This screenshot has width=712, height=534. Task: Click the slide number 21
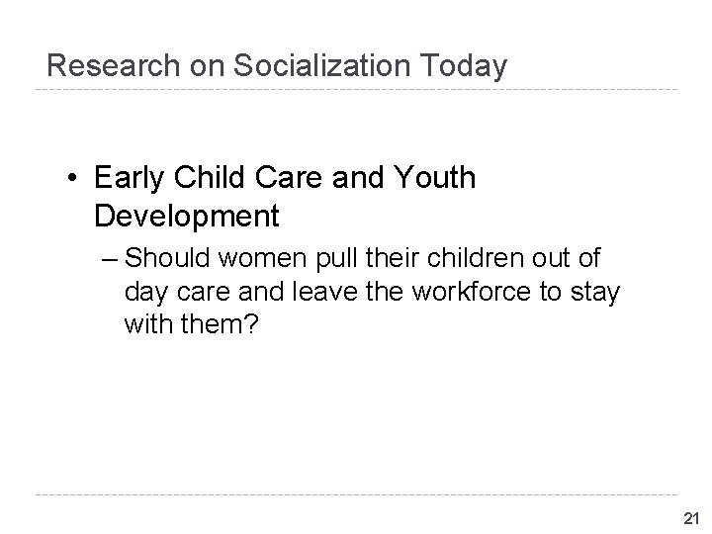tap(690, 517)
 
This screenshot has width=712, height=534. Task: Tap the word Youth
tap(434, 179)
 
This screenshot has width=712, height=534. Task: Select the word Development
tap(187, 215)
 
